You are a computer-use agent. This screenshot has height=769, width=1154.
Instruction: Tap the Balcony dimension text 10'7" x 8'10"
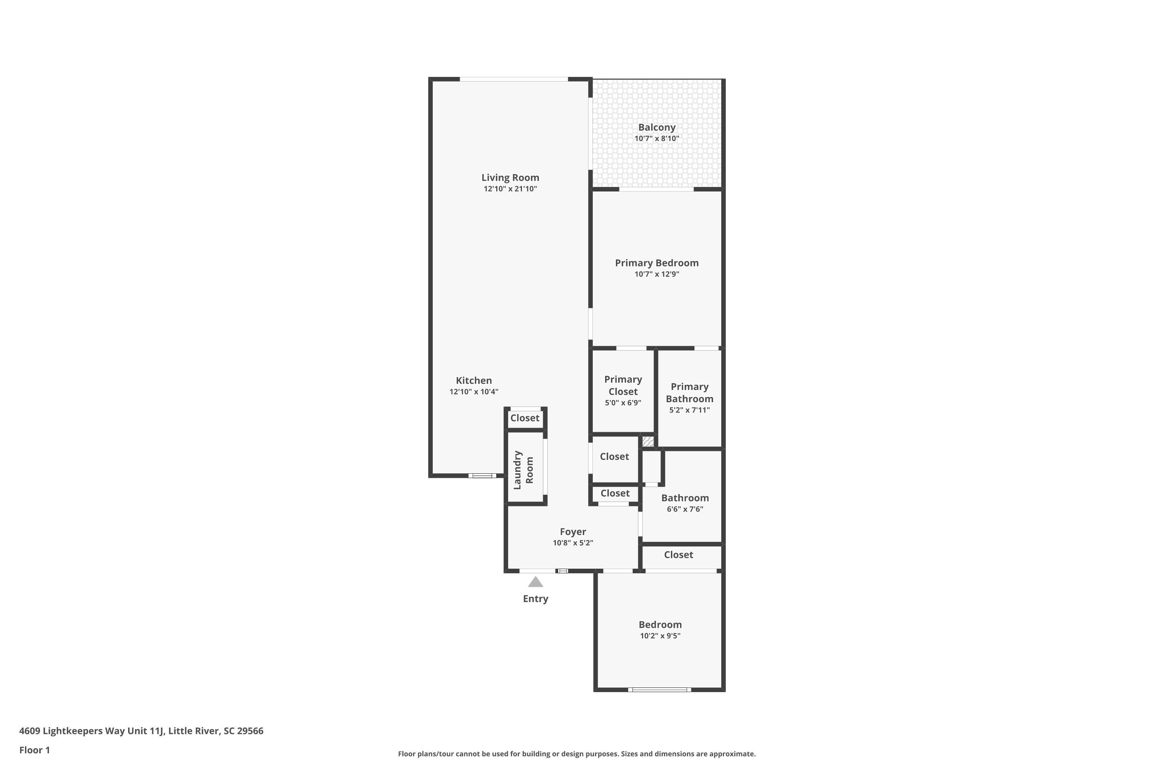click(x=657, y=139)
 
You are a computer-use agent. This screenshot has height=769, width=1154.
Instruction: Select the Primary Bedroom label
click(x=657, y=263)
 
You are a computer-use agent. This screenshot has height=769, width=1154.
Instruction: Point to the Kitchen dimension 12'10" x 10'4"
click(x=474, y=392)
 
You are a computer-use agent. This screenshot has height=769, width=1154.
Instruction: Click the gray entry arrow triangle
click(x=535, y=582)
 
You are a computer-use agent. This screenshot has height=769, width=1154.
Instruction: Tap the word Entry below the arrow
click(x=535, y=599)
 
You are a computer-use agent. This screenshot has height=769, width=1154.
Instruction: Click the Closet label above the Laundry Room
click(x=525, y=418)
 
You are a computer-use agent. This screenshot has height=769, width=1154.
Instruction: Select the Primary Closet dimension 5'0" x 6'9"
click(x=623, y=403)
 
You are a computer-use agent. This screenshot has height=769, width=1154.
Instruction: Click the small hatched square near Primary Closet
click(x=648, y=441)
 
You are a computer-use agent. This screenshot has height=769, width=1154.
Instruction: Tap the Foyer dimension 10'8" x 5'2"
click(x=573, y=543)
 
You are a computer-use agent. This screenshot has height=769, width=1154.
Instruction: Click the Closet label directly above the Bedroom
click(x=678, y=555)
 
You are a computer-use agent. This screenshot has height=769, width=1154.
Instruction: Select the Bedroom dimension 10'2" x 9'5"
click(x=660, y=636)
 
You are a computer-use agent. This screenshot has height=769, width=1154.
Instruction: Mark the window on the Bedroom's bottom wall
click(x=659, y=689)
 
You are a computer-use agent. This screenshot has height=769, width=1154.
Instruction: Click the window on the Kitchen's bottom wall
click(x=482, y=475)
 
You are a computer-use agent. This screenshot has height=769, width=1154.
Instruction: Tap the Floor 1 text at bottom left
click(x=34, y=750)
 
